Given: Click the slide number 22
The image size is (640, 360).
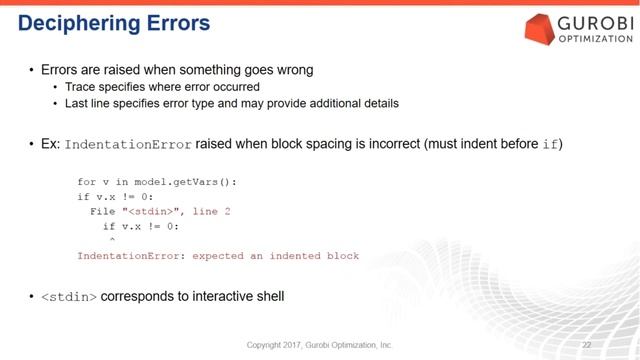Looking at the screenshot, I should point(600,345).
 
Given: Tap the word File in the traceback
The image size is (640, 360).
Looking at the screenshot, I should point(103,211).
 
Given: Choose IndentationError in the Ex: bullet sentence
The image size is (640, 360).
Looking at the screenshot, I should point(128,145).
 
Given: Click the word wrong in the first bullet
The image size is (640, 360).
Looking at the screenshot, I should point(291,70).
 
